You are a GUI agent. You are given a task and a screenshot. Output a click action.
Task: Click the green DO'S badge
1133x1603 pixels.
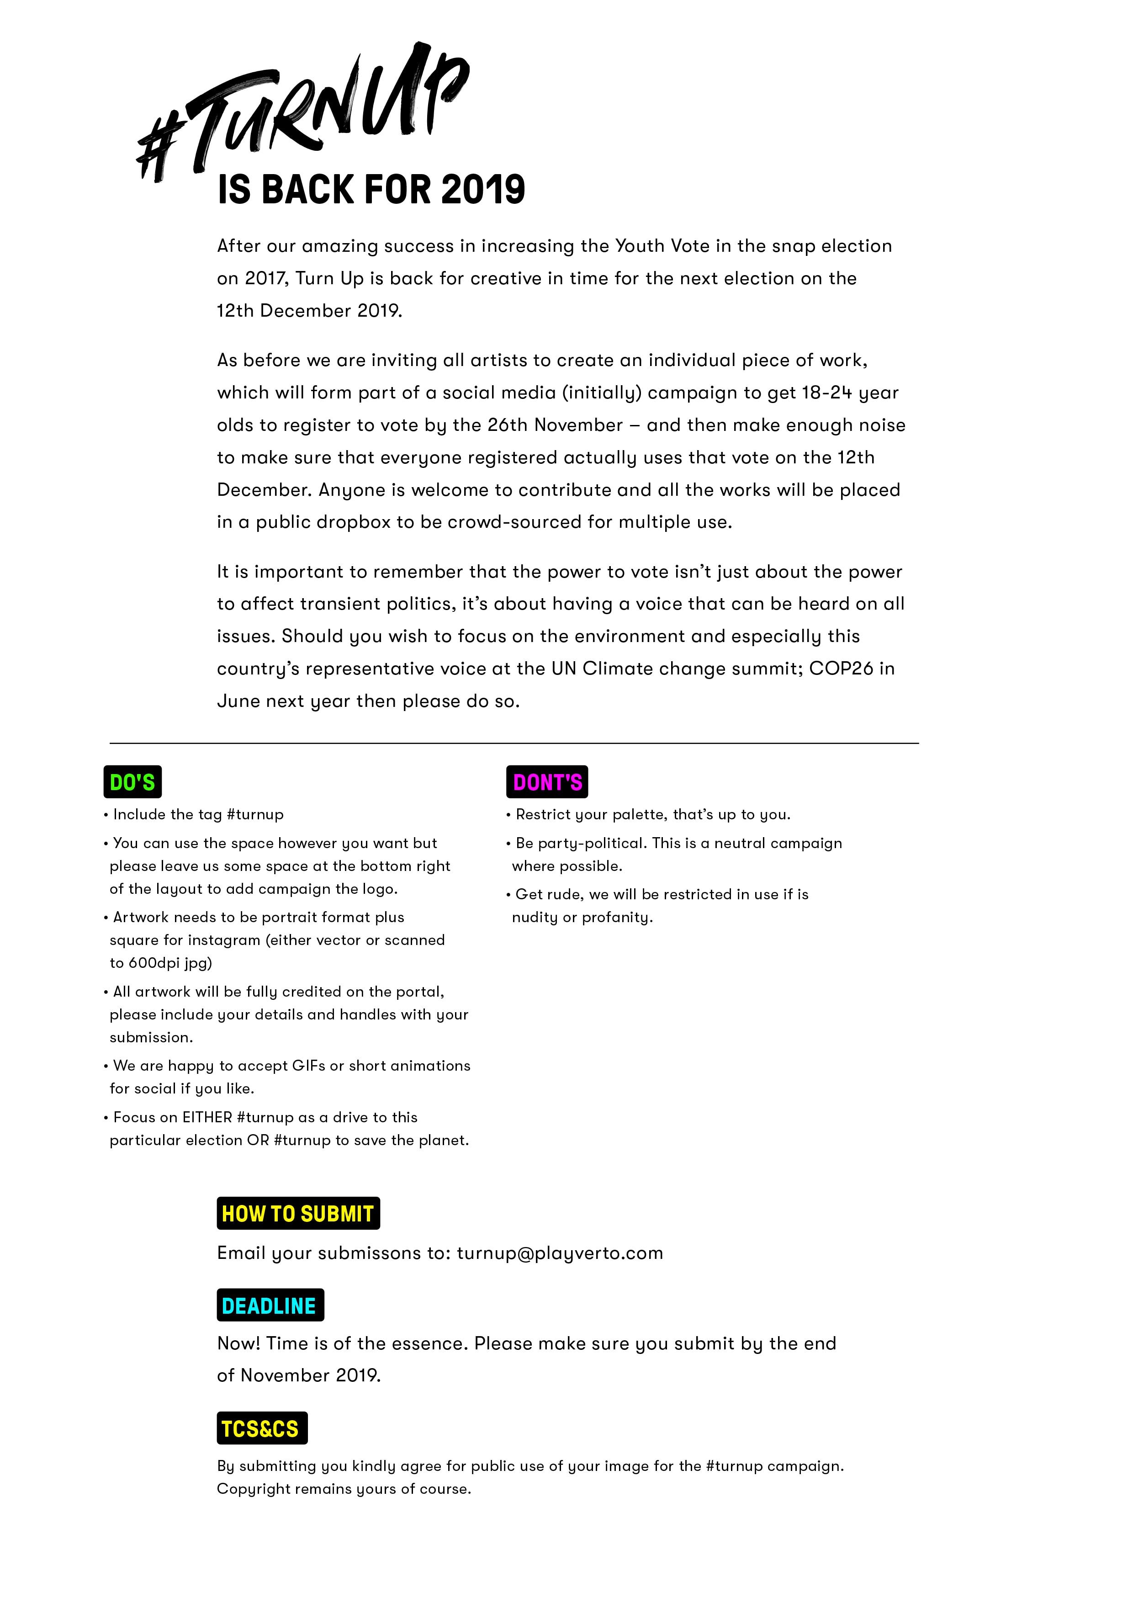pyautogui.click(x=132, y=782)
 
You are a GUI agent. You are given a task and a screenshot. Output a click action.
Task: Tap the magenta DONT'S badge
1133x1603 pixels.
pyautogui.click(x=547, y=782)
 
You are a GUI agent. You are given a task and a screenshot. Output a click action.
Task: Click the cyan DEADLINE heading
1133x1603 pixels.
pyautogui.click(x=270, y=1305)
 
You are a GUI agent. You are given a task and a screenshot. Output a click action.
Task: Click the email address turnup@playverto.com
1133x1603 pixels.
pyautogui.click(x=560, y=1253)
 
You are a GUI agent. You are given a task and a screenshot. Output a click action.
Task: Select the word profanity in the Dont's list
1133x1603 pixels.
pyautogui.click(x=617, y=918)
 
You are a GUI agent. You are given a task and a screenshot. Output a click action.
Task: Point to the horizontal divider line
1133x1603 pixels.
pyautogui.click(x=514, y=743)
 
